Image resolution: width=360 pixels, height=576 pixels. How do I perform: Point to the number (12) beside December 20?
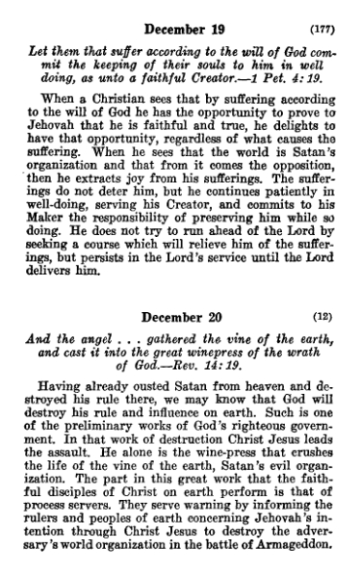pyautogui.click(x=327, y=318)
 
